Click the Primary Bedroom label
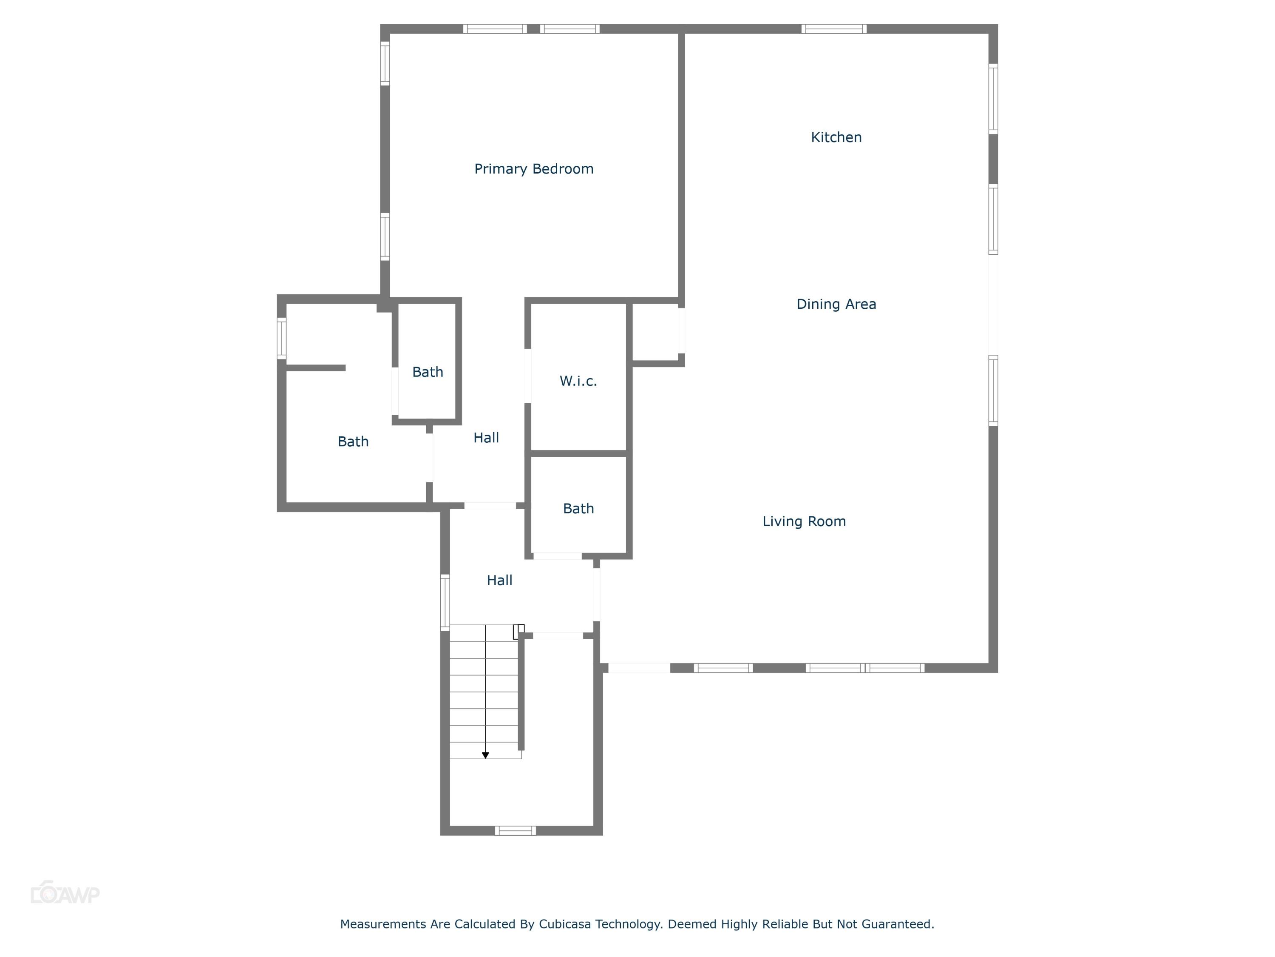point(533,169)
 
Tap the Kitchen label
point(836,137)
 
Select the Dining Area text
point(836,304)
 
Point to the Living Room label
point(804,521)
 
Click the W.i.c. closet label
point(578,381)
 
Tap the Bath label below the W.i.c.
point(578,509)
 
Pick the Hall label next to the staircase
point(499,580)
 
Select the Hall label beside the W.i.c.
point(486,438)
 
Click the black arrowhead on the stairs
point(485,755)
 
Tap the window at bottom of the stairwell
point(515,831)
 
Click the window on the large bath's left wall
point(282,338)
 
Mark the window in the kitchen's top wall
point(833,29)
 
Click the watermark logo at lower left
point(65,894)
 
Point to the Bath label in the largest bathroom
point(353,442)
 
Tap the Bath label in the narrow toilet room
point(427,372)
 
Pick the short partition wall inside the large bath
point(316,368)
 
